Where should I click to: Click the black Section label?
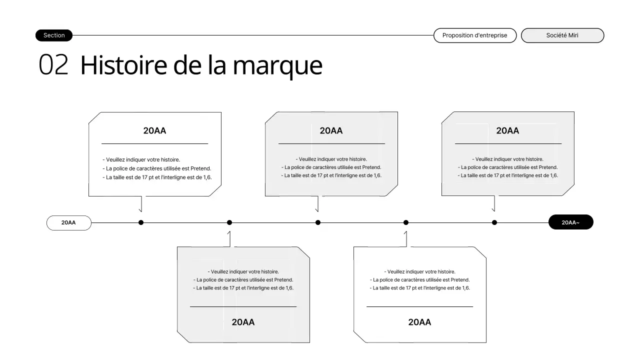click(x=54, y=35)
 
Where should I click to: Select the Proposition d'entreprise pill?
click(x=474, y=35)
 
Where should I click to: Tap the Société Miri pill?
click(x=562, y=35)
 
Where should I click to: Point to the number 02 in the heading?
click(x=53, y=65)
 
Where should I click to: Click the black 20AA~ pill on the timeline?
click(x=570, y=222)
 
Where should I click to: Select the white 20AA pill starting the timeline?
click(x=68, y=222)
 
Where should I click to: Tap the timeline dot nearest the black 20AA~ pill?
click(x=494, y=222)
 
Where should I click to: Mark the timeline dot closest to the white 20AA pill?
click(x=141, y=222)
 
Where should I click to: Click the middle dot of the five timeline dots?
click(x=318, y=222)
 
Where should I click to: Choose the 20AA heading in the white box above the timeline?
click(x=154, y=130)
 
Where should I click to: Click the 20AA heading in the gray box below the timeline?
click(x=243, y=322)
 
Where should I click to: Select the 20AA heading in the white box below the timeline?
click(x=419, y=322)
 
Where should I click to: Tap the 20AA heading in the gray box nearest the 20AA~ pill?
click(x=507, y=130)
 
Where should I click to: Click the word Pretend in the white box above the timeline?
click(x=201, y=168)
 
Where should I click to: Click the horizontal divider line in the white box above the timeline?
click(x=154, y=144)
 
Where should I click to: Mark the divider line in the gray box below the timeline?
click(x=243, y=306)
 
